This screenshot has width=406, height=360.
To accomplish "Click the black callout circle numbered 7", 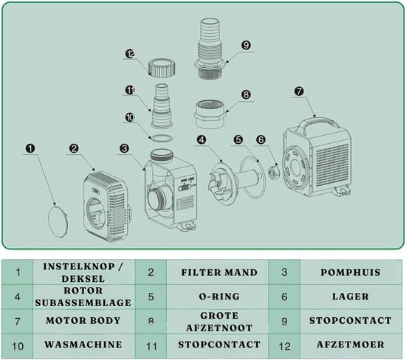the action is click(x=299, y=91).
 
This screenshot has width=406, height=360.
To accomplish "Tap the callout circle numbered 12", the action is click(x=130, y=54).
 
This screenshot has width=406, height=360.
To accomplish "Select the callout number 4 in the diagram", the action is click(x=202, y=139).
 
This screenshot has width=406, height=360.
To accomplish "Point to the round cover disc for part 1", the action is click(x=59, y=221).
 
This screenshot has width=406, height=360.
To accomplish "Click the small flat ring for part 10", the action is click(x=162, y=138).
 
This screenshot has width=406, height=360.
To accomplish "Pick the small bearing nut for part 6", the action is click(x=273, y=173).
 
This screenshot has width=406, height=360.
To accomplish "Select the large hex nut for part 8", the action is click(x=210, y=114).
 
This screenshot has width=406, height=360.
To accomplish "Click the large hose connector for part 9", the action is click(x=210, y=49).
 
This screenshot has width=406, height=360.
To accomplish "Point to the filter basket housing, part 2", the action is click(x=106, y=207).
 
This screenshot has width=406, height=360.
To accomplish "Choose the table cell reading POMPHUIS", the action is click(x=351, y=272).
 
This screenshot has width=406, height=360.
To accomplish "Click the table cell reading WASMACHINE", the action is click(x=83, y=345).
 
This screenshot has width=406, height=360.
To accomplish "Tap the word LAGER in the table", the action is click(x=351, y=297).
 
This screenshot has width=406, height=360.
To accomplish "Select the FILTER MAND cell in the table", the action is click(x=219, y=272).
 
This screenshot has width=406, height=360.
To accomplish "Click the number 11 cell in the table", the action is click(x=151, y=346).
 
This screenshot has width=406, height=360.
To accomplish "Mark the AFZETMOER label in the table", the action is click(x=351, y=345).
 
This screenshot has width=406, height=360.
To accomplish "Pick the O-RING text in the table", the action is click(x=219, y=297).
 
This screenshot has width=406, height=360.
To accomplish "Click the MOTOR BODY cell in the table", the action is click(x=83, y=321).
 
